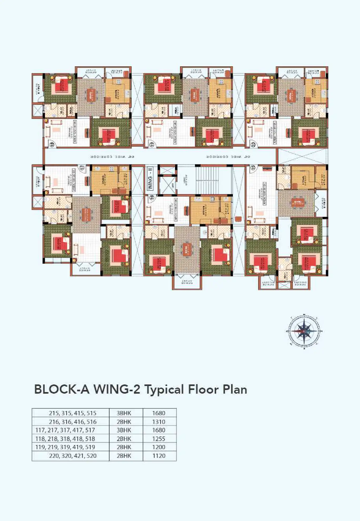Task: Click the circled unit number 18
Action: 52,144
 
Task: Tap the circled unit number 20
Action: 253,144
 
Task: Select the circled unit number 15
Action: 253,168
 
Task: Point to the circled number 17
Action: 82,167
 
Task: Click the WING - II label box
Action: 150,179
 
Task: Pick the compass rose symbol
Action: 304,331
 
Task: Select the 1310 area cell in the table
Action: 159,422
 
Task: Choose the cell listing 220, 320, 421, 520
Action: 73,456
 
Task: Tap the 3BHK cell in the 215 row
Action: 124,413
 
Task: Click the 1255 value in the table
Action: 159,439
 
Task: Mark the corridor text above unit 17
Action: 113,157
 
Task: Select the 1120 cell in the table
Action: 159,456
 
